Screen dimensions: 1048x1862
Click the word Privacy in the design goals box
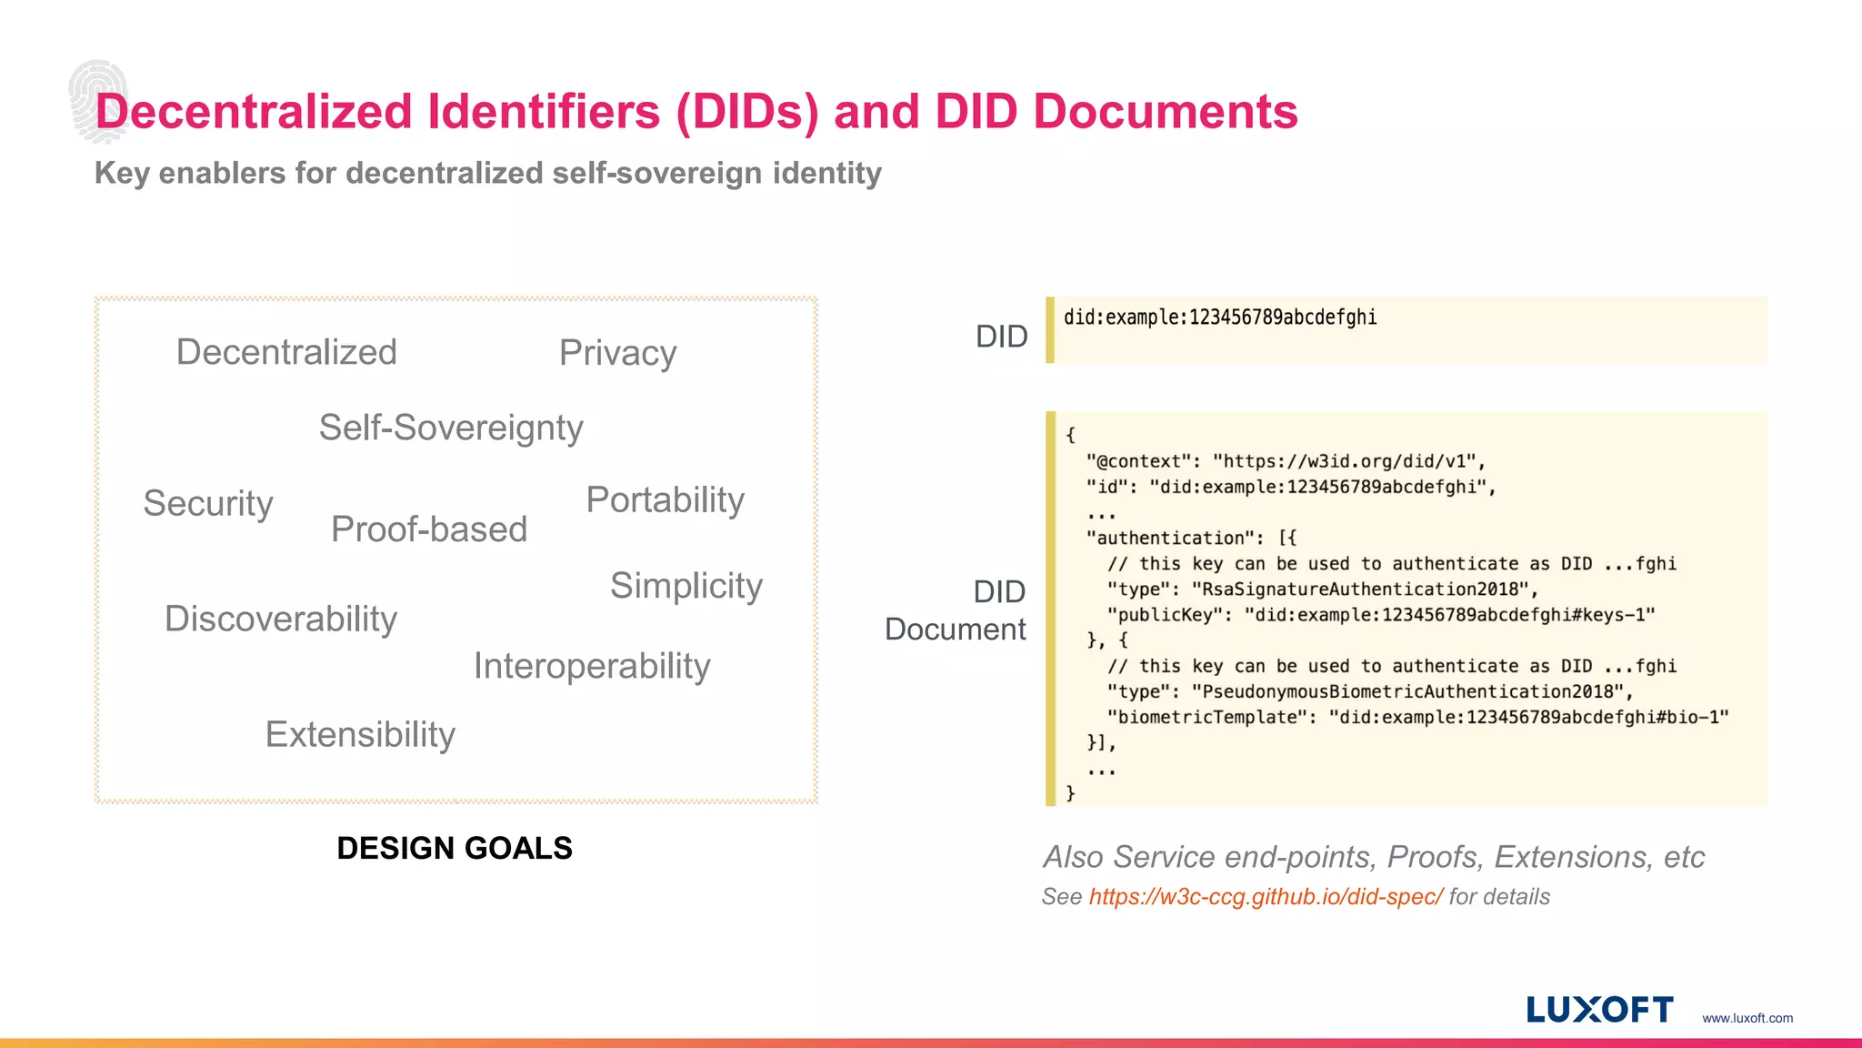coord(617,353)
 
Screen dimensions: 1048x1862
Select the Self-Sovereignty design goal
coord(451,428)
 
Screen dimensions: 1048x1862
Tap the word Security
coord(208,503)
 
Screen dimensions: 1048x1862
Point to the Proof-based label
coord(429,529)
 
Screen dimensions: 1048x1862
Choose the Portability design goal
coord(666,499)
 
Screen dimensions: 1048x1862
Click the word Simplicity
coord(686,586)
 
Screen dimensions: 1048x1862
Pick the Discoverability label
coord(281,619)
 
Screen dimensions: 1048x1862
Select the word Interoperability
coord(592,666)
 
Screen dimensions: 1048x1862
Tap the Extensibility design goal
coord(360,734)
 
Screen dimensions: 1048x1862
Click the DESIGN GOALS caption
coord(455,848)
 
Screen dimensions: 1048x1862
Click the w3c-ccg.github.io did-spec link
coord(1265,897)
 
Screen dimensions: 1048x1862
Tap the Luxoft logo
coord(1599,1010)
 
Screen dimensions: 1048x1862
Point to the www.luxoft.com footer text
coord(1747,1018)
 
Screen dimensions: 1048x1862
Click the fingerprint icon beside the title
coord(96,100)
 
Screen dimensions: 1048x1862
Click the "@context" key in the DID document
coord(1138,461)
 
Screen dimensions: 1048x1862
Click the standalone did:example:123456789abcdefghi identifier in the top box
coord(1220,317)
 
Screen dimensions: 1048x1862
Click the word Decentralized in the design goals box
coord(286,352)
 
